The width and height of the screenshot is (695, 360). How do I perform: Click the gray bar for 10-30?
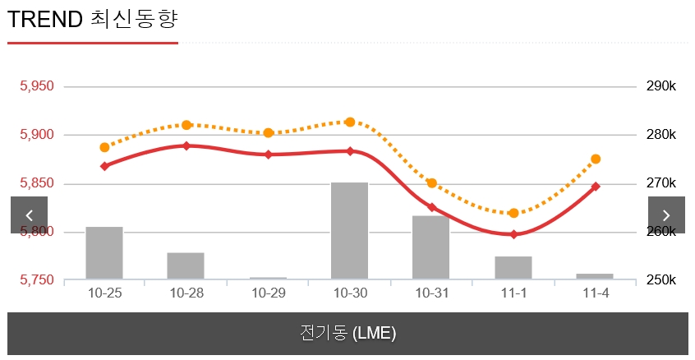coord(350,231)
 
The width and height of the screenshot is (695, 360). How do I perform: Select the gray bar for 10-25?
coord(104,253)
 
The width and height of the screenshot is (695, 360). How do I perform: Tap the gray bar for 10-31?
coord(431,247)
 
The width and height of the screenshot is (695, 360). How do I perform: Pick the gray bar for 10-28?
coord(186,266)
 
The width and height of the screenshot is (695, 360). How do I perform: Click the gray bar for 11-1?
coord(513,268)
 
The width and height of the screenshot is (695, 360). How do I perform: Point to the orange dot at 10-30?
coord(350,122)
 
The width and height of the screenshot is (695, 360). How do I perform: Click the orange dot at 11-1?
coord(513,214)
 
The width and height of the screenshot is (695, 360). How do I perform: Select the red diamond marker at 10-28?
coord(186,146)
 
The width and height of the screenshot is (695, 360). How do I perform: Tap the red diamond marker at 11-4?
coord(596,187)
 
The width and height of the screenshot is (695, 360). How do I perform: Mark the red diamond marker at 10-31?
coord(431,207)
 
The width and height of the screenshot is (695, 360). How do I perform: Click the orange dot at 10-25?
coord(104,148)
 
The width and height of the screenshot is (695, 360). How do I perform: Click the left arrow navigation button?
coord(29,215)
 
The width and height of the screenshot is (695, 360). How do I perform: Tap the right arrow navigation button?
coord(666,215)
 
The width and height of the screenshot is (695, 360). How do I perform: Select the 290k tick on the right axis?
coord(660,86)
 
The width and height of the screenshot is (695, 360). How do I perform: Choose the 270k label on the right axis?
coord(660,183)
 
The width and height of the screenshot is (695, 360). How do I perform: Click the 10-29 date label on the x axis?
coord(268,293)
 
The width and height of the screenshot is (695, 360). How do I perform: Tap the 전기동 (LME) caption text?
coord(347,334)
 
